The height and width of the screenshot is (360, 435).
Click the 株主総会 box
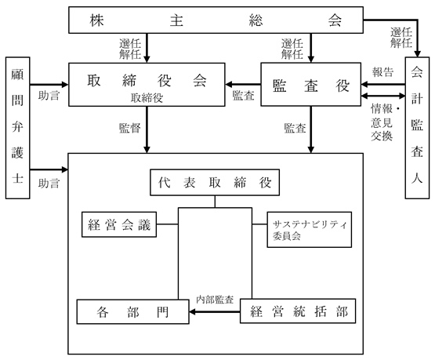pyautogui.click(x=216, y=20)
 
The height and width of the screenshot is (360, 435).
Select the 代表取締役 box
pyautogui.click(x=215, y=183)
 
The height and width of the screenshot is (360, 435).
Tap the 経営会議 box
pyautogui.click(x=119, y=224)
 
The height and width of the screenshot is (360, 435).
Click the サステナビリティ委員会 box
pyautogui.click(x=310, y=230)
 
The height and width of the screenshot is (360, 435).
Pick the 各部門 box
pyautogui.click(x=133, y=311)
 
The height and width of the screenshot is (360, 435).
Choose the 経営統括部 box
pyautogui.click(x=298, y=311)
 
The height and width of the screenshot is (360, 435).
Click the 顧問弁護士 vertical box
pyautogui.click(x=17, y=128)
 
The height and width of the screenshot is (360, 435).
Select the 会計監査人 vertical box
pyautogui.click(x=417, y=128)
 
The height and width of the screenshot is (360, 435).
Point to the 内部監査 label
pyautogui.click(x=215, y=300)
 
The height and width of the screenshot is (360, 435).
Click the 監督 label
pyautogui.click(x=130, y=128)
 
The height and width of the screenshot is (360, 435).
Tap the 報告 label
pyautogui.click(x=382, y=72)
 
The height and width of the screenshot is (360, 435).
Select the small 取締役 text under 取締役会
pyautogui.click(x=147, y=98)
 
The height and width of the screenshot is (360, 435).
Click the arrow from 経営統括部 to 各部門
pyautogui.click(x=215, y=311)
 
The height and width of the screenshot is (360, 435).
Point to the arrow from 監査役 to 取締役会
pyautogui.click(x=243, y=84)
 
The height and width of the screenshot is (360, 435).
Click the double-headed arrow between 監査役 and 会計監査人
pyautogui.click(x=383, y=96)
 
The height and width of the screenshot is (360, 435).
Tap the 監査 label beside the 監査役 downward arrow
pyautogui.click(x=295, y=128)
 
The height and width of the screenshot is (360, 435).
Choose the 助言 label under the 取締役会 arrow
pyautogui.click(x=49, y=96)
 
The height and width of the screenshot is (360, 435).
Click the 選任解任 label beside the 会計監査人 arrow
pyautogui.click(x=401, y=38)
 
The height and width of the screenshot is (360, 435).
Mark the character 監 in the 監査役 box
pyautogui.click(x=279, y=85)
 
